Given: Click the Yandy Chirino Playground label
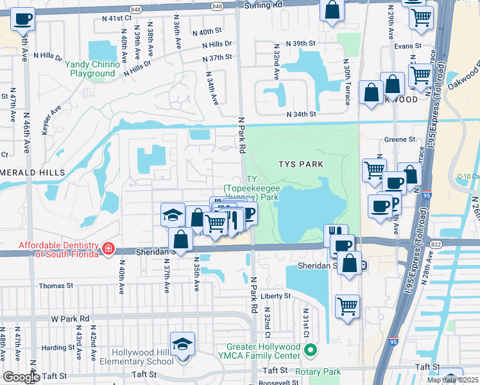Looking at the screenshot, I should coord(92,69).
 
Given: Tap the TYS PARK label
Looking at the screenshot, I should coord(300,164).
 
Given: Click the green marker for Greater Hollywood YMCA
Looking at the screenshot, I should coord(311,350).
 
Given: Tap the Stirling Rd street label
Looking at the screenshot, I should coord(264,4).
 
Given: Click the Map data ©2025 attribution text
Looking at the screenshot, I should coord(453,380).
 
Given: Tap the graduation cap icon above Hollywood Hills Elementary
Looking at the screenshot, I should coord(183,343).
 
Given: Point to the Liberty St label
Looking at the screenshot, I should coord(277,296).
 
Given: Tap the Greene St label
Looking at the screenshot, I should coord(400,139).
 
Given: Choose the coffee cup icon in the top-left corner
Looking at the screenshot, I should coord(23,19).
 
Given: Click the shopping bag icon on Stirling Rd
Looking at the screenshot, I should coord(332,10).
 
